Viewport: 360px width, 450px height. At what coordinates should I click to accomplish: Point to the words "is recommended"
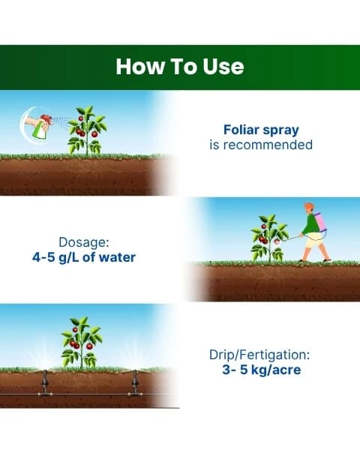coord(261,144)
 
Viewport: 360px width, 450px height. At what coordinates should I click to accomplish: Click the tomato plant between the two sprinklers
coord(81,343)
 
